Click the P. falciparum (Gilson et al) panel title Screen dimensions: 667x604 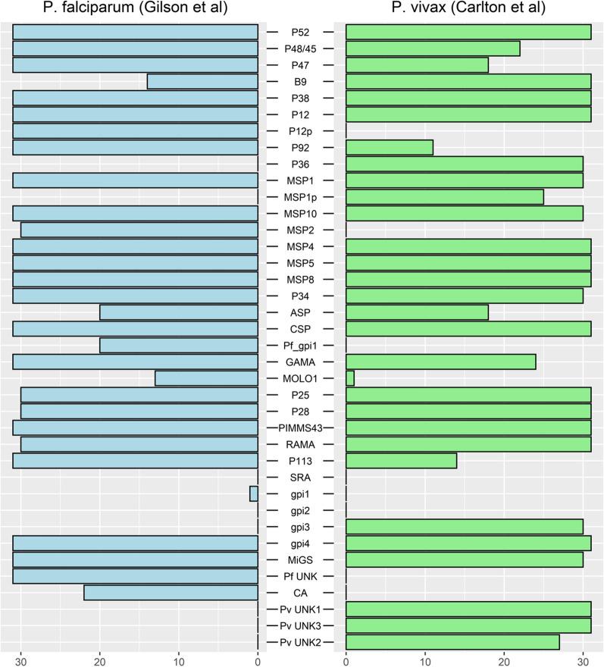131,8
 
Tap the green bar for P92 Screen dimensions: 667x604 390,147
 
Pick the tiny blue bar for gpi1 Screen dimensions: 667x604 254,494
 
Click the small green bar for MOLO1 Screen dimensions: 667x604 350,378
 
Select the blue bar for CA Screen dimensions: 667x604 175,593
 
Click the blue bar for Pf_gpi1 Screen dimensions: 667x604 179,345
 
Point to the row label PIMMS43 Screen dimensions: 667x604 302,428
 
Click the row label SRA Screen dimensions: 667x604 302,478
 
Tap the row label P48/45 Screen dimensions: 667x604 302,49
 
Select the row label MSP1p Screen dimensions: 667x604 302,197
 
